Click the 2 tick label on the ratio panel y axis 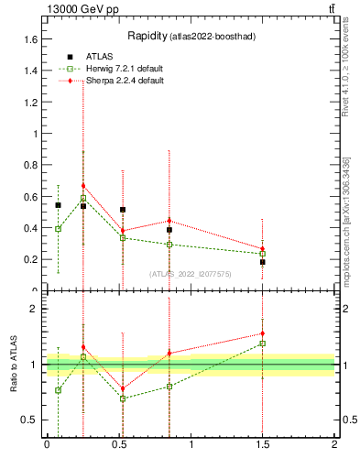pos(34,310)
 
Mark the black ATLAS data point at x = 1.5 pos(263,262)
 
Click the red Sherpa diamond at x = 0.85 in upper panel pos(169,220)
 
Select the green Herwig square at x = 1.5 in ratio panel pos(263,344)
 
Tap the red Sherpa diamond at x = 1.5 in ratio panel pos(263,333)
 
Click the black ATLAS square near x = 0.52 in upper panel pos(123,210)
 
